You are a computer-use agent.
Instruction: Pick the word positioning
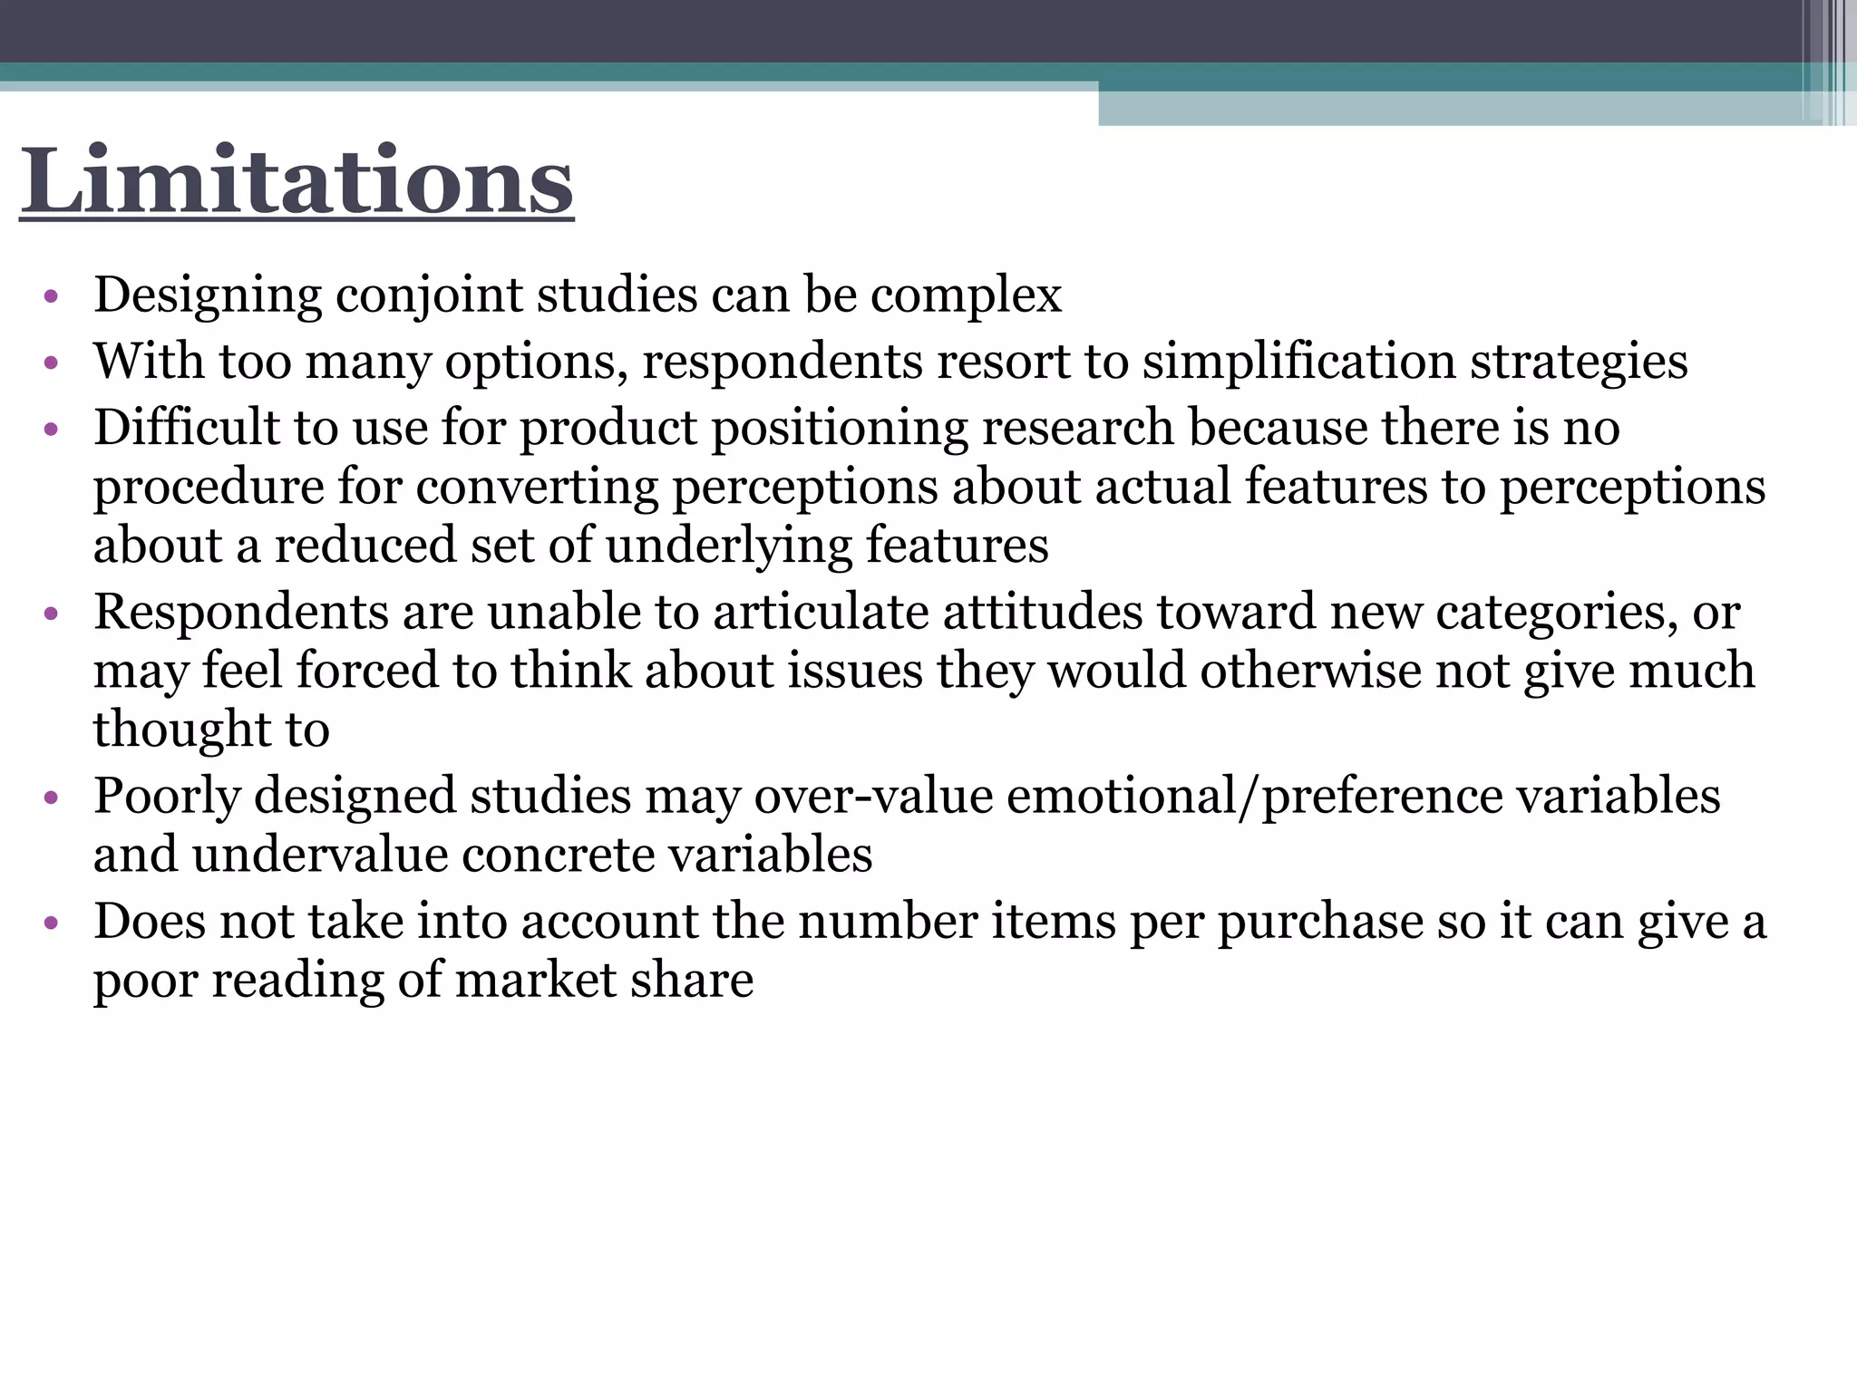840,428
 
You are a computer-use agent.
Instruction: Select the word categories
1557,613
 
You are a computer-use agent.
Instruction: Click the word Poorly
167,797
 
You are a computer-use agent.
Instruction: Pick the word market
537,981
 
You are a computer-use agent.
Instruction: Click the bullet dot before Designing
51,296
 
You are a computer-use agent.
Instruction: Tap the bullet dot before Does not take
51,923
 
